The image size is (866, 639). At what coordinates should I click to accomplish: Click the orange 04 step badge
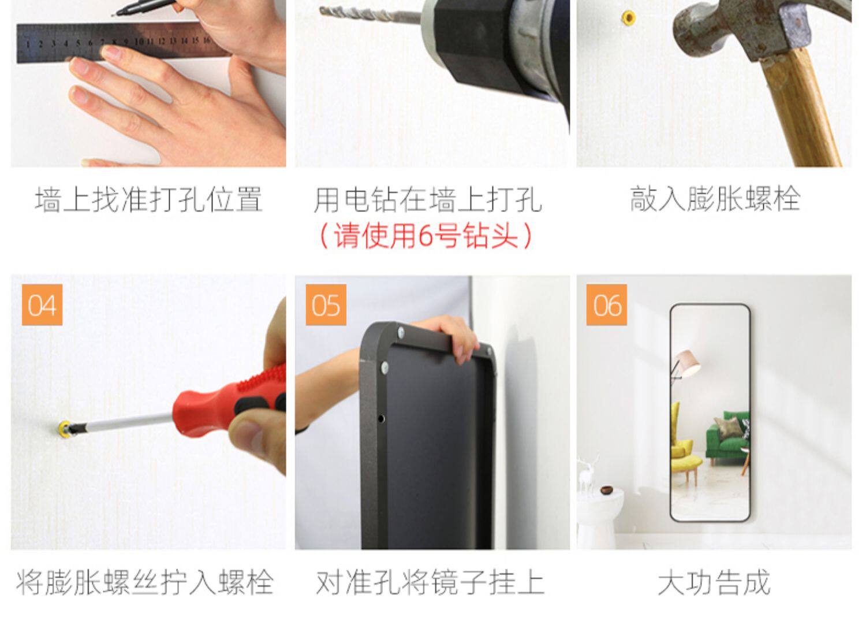pos(42,305)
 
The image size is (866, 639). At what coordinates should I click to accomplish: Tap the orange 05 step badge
pos(326,305)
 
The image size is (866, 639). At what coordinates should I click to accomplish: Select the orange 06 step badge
pos(607,305)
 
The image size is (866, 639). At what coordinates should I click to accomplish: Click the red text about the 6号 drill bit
pos(426,236)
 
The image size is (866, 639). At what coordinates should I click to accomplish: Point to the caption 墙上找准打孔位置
pos(149,199)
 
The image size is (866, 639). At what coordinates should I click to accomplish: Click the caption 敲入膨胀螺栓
pos(715,199)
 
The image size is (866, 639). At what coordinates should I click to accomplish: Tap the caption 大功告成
pos(715,582)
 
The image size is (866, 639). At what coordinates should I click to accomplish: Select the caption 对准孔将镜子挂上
pos(430,582)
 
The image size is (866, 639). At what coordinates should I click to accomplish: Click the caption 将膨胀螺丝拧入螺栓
pos(145,582)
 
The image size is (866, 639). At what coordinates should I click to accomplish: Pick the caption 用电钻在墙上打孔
pos(428,199)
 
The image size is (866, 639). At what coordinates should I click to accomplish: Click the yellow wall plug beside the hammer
pos(629,17)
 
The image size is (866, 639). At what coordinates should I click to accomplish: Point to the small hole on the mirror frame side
pos(381,418)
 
